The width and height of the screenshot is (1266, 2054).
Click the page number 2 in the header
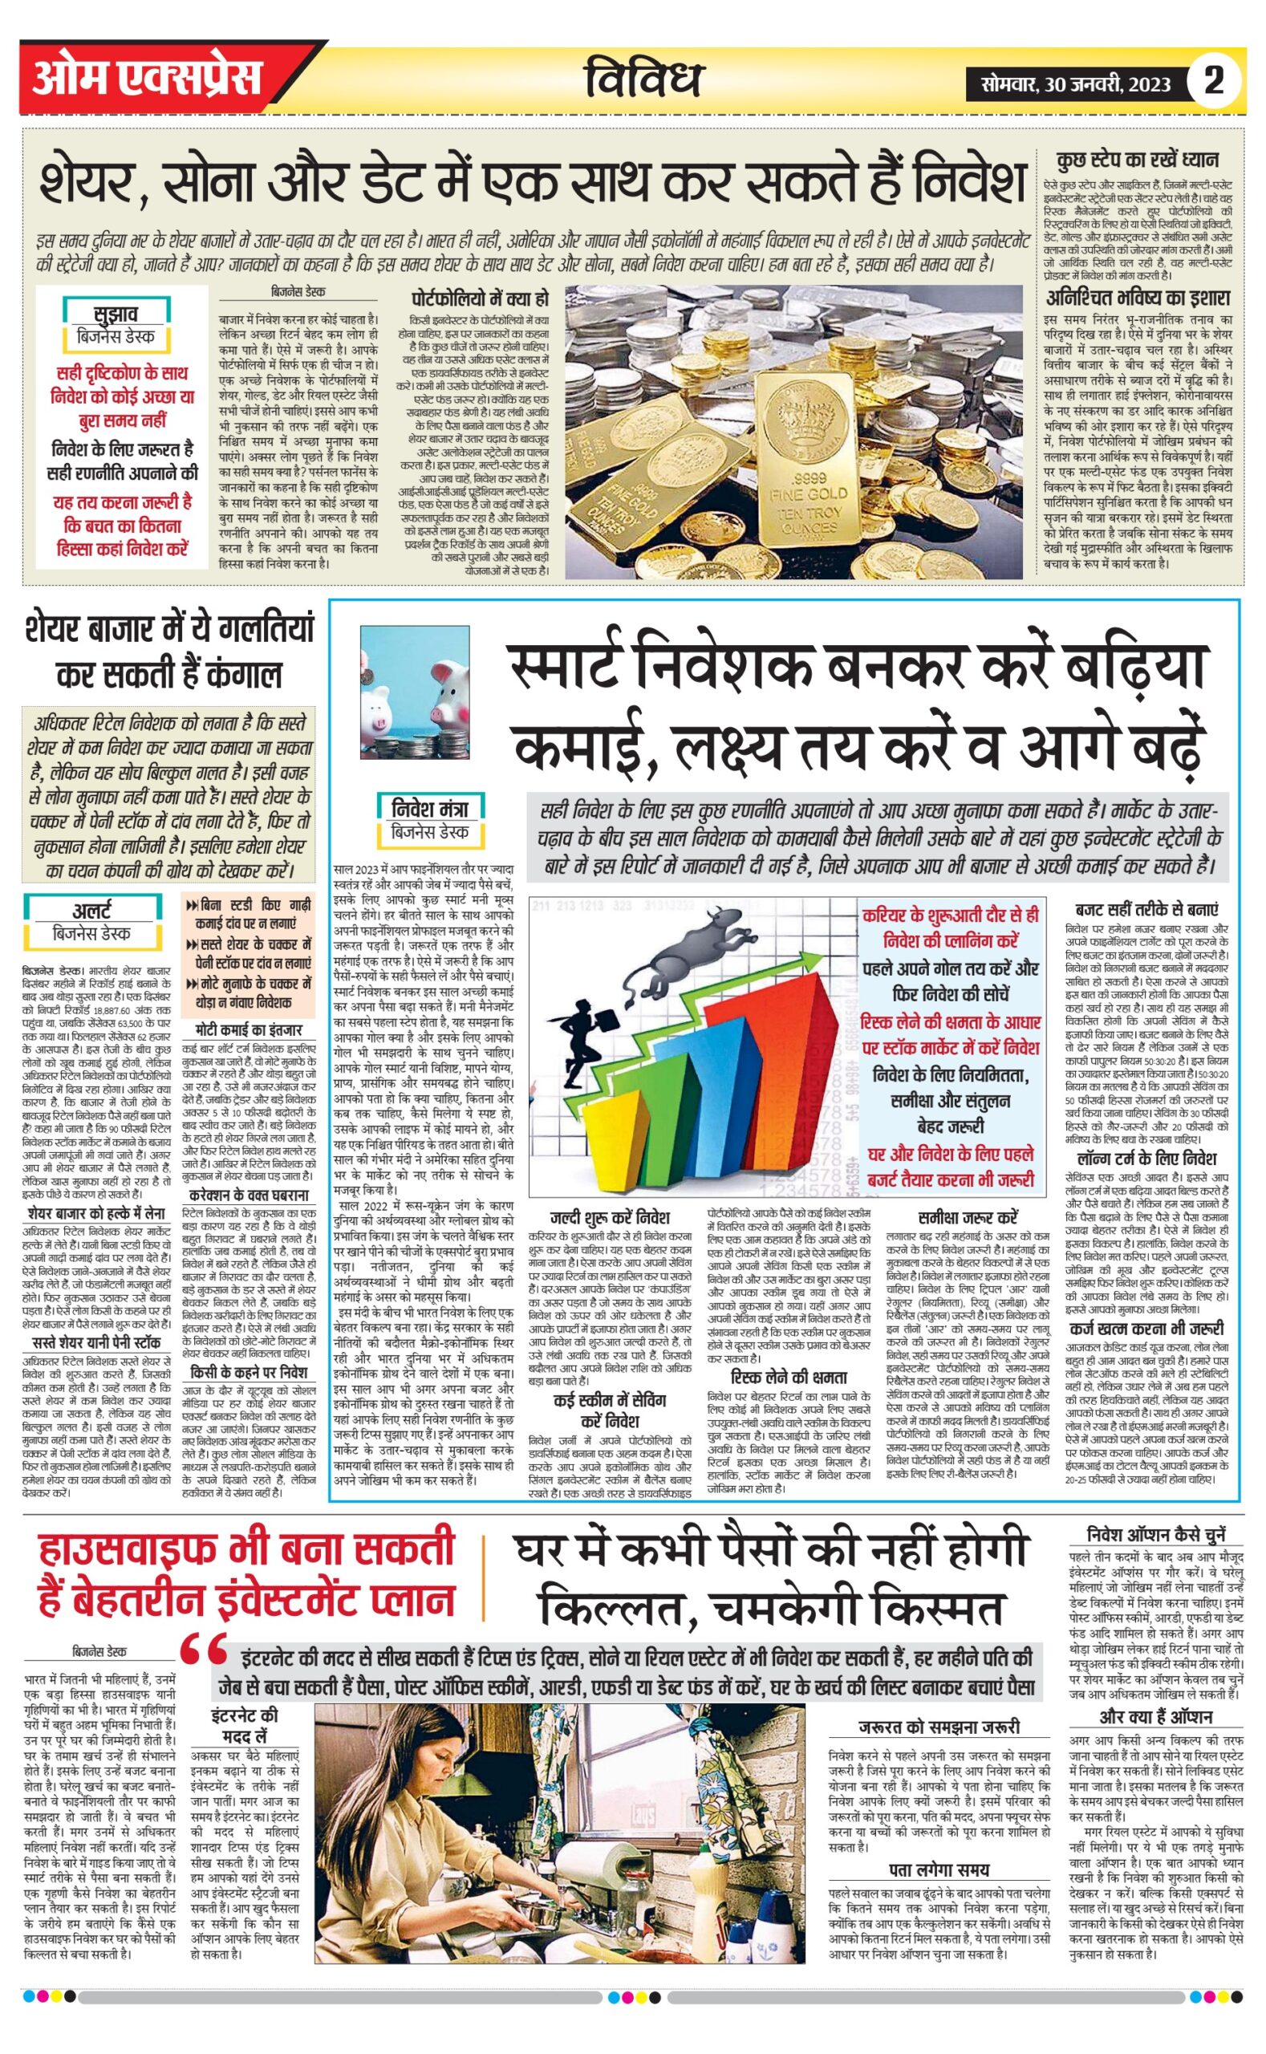[1213, 81]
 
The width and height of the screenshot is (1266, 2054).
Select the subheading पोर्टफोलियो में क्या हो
[480, 299]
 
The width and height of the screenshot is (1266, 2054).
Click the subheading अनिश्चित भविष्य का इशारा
[1136, 298]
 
